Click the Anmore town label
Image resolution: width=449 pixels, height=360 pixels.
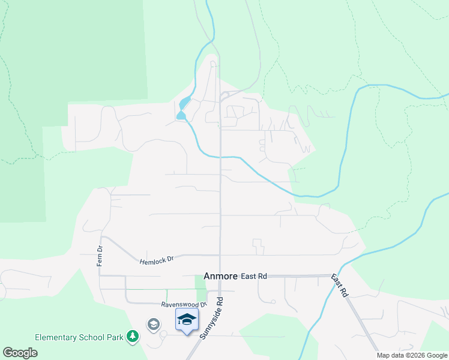pos(220,276)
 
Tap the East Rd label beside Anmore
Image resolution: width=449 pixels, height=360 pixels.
pos(253,276)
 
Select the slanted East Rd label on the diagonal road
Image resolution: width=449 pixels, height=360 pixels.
pos(340,286)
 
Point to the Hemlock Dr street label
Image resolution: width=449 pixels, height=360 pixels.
pos(157,260)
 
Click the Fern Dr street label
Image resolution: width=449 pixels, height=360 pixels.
pos(100,256)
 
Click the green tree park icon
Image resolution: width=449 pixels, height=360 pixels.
pos(133,337)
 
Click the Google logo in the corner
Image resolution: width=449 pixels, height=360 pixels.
pos(20,353)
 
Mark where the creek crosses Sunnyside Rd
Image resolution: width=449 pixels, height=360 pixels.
pos(220,157)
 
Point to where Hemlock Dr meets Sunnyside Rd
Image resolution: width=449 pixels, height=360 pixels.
pos(220,255)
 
